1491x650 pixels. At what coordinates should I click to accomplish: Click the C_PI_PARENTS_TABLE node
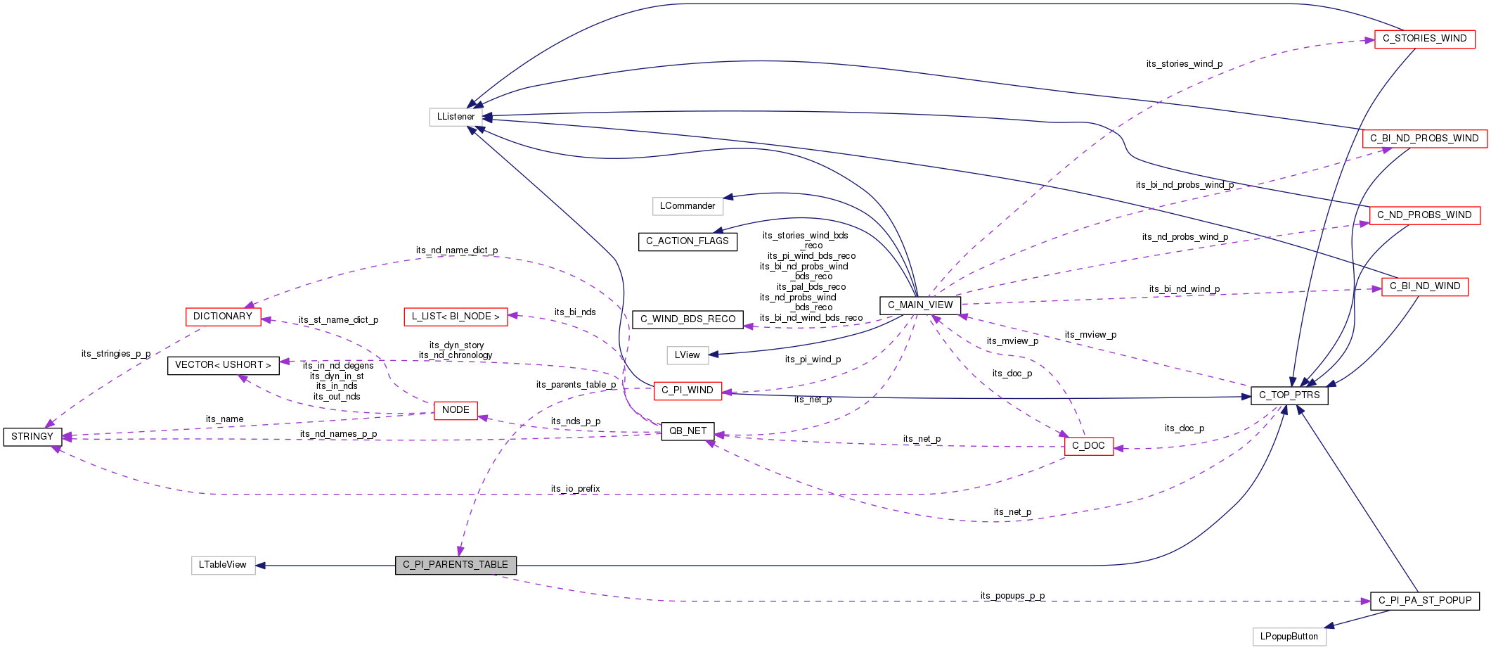pyautogui.click(x=456, y=565)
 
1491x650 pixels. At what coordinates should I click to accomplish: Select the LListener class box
pyautogui.click(x=456, y=117)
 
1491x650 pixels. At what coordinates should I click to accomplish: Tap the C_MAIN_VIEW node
pyautogui.click(x=919, y=305)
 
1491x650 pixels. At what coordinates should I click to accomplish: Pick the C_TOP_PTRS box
pyautogui.click(x=1289, y=395)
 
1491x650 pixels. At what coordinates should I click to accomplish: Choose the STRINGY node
pyautogui.click(x=32, y=437)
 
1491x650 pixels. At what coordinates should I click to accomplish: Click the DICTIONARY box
pyautogui.click(x=223, y=317)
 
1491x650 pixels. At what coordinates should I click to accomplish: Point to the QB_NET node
pyautogui.click(x=688, y=431)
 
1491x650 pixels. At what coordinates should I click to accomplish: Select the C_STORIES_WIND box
pyautogui.click(x=1424, y=39)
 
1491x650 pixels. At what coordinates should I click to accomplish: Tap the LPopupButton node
pyautogui.click(x=1289, y=637)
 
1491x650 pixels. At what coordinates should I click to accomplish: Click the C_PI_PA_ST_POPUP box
pyautogui.click(x=1424, y=601)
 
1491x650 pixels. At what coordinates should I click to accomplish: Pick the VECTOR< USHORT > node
pyautogui.click(x=223, y=365)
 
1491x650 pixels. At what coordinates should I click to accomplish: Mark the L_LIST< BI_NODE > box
pyautogui.click(x=456, y=317)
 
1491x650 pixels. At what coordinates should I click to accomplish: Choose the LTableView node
pyautogui.click(x=223, y=565)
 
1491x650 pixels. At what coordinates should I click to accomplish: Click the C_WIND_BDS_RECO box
pyautogui.click(x=688, y=319)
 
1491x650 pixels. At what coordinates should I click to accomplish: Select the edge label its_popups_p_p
pyautogui.click(x=1012, y=596)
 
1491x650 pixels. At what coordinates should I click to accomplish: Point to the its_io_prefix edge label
pyautogui.click(x=575, y=489)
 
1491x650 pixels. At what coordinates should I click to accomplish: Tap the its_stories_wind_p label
pyautogui.click(x=1184, y=64)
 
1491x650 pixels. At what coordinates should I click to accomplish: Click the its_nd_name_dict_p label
pyautogui.click(x=456, y=250)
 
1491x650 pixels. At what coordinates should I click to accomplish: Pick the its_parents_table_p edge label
pyautogui.click(x=576, y=385)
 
